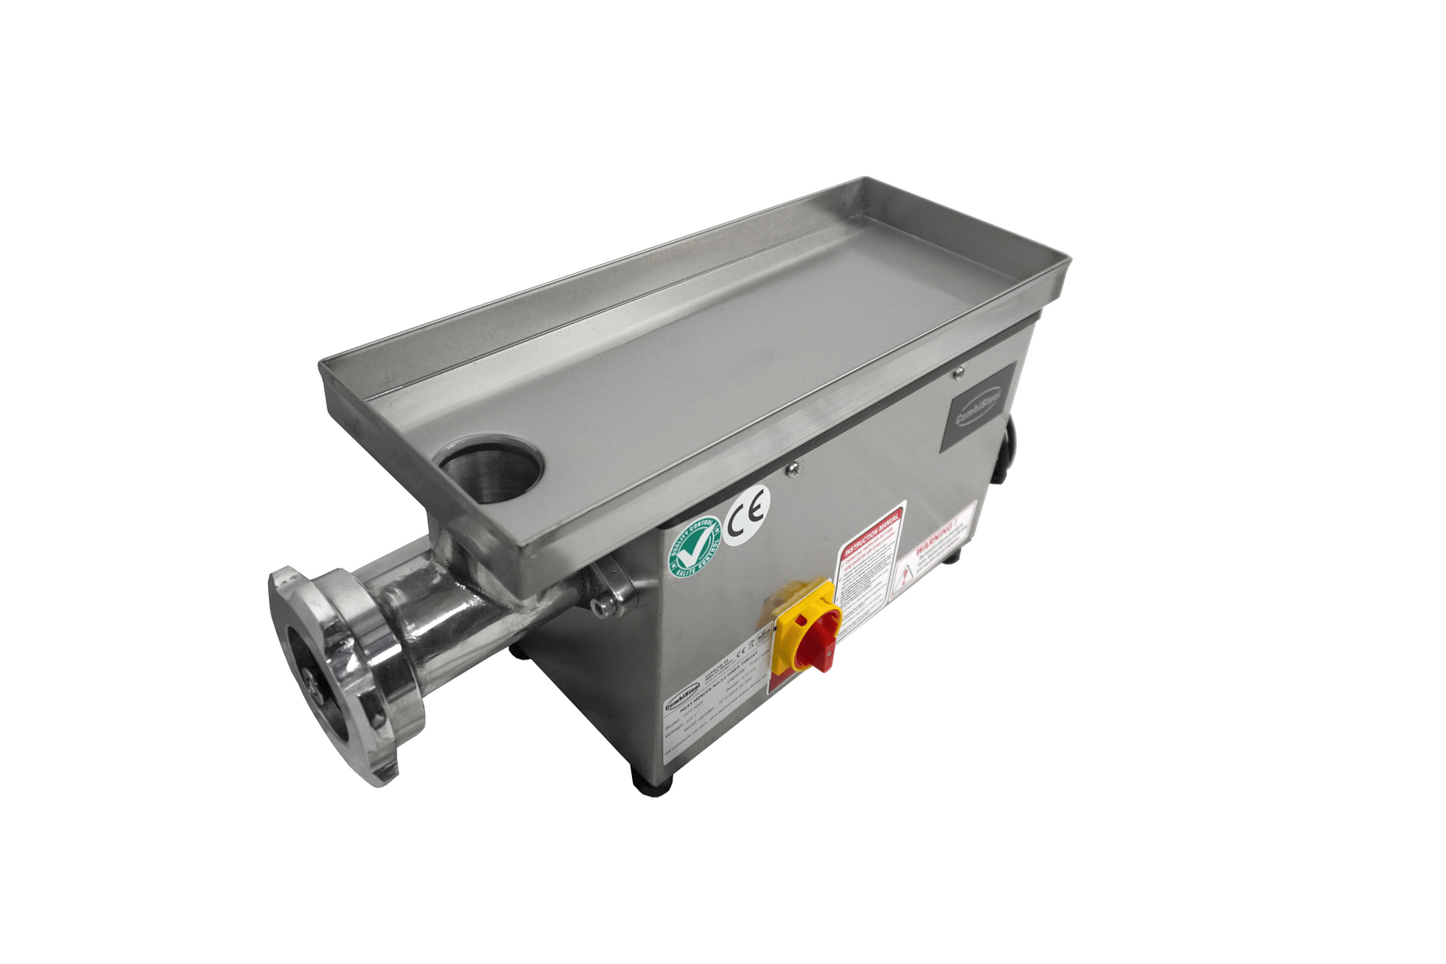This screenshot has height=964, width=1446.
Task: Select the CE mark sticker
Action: click(x=747, y=514)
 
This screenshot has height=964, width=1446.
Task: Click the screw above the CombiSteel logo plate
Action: click(x=959, y=372)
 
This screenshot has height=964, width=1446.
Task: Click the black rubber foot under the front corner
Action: click(x=652, y=781)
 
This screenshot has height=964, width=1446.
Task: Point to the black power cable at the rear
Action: click(x=1007, y=455)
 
